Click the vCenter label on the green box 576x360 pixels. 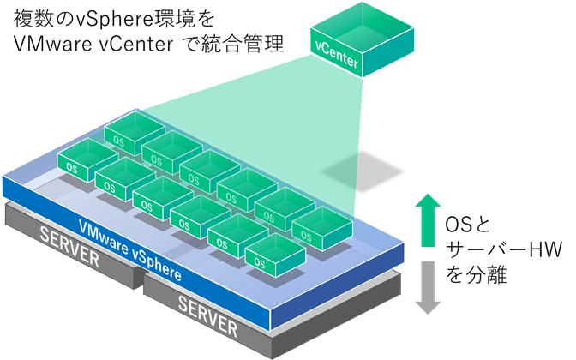337,62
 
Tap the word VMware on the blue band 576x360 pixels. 105,237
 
